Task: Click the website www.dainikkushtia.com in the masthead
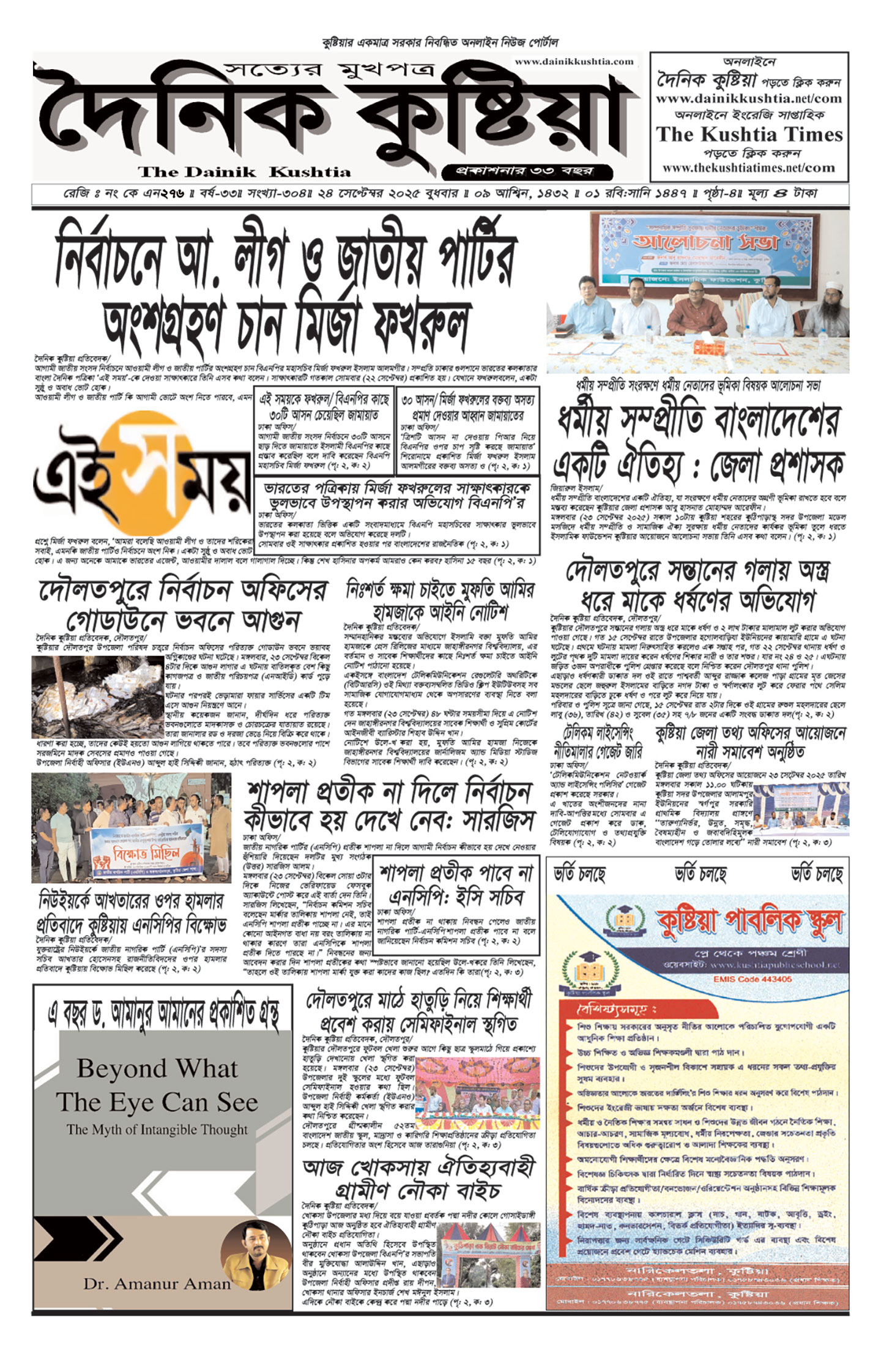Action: (x=574, y=62)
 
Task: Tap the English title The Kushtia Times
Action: (x=749, y=135)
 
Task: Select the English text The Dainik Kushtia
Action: (x=244, y=172)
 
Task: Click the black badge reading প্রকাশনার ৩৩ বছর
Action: (x=526, y=171)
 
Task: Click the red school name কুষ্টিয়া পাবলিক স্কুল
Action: (x=749, y=920)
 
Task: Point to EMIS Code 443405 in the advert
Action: (x=752, y=979)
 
